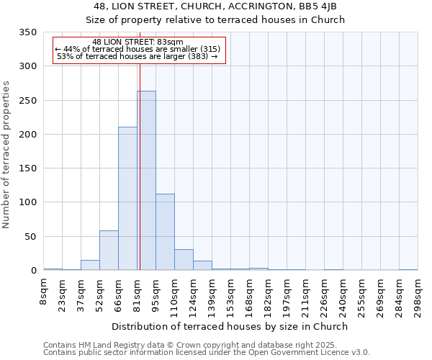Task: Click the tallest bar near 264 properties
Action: pos(146,181)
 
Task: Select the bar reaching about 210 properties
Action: pos(127,199)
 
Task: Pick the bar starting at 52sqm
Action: pos(109,251)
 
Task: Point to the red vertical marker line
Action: pos(140,166)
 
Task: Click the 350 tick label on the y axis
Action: pos(27,32)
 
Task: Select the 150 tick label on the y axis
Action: pos(27,168)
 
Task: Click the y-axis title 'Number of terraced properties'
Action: pos(6,155)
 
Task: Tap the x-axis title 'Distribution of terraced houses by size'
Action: pos(230,326)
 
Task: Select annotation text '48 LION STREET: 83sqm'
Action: pos(138,42)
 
